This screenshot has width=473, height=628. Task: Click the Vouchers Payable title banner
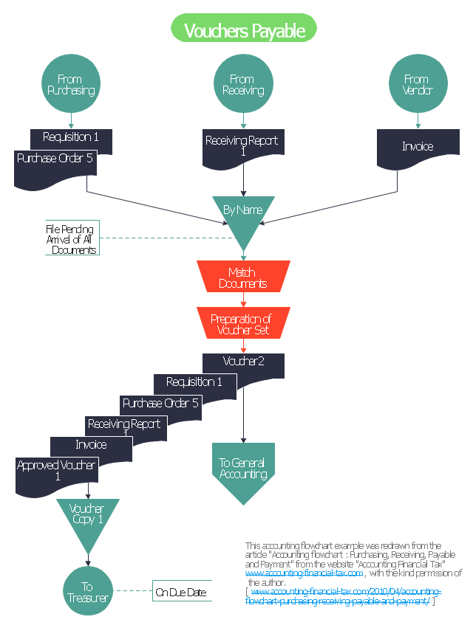[x=243, y=30]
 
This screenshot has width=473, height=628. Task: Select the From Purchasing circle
[x=70, y=85]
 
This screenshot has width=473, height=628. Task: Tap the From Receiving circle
[x=242, y=85]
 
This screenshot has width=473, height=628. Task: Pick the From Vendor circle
[x=417, y=85]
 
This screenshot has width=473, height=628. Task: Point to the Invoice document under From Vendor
[x=418, y=148]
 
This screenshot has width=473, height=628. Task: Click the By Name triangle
[x=243, y=214]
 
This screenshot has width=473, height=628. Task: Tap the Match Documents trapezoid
[x=243, y=277]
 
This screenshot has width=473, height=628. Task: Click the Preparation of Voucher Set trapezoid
[x=242, y=324]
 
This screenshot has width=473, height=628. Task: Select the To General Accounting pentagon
[x=242, y=469]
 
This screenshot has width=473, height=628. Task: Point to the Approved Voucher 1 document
[x=56, y=472]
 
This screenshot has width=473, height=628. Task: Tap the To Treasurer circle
[x=87, y=591]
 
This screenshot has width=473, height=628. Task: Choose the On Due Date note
[x=181, y=592]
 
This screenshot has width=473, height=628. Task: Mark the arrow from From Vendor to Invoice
[x=418, y=121]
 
